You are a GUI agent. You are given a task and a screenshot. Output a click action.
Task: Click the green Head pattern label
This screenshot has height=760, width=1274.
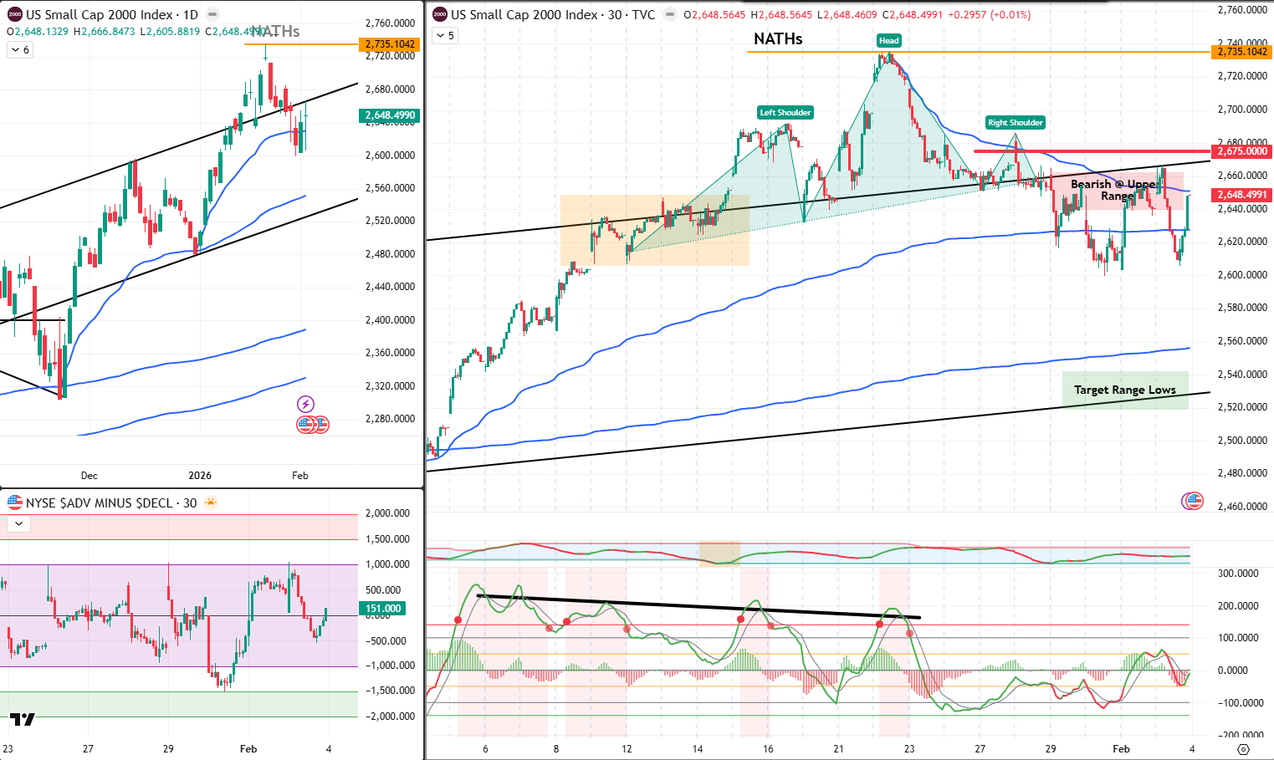coord(888,40)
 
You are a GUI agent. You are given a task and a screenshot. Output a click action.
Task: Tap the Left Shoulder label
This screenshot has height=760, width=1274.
coord(785,113)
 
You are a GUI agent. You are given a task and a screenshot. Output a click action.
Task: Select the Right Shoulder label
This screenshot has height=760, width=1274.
coord(1015,123)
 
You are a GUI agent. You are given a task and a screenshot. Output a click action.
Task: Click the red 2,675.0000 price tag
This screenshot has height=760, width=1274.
coord(1242,151)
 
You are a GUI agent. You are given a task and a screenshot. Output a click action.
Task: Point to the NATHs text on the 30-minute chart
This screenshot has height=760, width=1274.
coord(777,39)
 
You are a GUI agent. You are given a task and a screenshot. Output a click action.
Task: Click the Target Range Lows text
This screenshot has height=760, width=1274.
coord(1124,390)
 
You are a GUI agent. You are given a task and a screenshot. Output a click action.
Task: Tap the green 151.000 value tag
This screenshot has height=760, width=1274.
coord(383,609)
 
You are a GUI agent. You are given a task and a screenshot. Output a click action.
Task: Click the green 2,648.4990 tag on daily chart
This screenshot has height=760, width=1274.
coord(390,115)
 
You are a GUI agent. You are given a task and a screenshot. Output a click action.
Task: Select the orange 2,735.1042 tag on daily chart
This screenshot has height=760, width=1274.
coord(390,44)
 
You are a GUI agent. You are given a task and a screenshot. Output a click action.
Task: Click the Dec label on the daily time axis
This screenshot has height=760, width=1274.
coord(89,476)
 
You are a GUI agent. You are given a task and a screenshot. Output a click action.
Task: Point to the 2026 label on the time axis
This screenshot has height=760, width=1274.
coord(200,476)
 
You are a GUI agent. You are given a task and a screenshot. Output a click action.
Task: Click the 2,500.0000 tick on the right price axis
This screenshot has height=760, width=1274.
coord(1242,441)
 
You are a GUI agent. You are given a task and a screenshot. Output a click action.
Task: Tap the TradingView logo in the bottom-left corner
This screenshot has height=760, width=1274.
coord(23,719)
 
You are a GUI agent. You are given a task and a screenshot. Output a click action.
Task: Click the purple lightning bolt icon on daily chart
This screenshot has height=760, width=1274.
coord(306,405)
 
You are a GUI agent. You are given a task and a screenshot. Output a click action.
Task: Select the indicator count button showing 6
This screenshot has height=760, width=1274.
coord(19,50)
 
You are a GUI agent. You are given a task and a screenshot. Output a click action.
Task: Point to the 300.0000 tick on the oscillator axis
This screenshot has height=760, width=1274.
coord(1238,574)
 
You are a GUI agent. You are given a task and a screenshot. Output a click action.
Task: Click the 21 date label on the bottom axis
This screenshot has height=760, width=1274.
coord(838,748)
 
